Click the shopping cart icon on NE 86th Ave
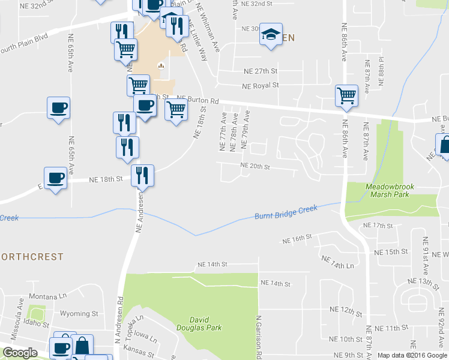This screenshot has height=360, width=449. click(x=346, y=95)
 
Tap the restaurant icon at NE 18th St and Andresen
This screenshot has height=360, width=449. click(x=142, y=175)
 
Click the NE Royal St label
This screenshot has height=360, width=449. click(x=261, y=86)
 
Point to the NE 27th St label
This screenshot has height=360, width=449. click(x=261, y=71)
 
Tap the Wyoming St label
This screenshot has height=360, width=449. click(x=79, y=313)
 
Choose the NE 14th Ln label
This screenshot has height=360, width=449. click(x=338, y=262)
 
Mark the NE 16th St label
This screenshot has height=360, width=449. click(x=297, y=239)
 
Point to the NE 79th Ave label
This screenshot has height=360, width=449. click(x=244, y=130)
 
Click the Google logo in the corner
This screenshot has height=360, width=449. click(x=20, y=353)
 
